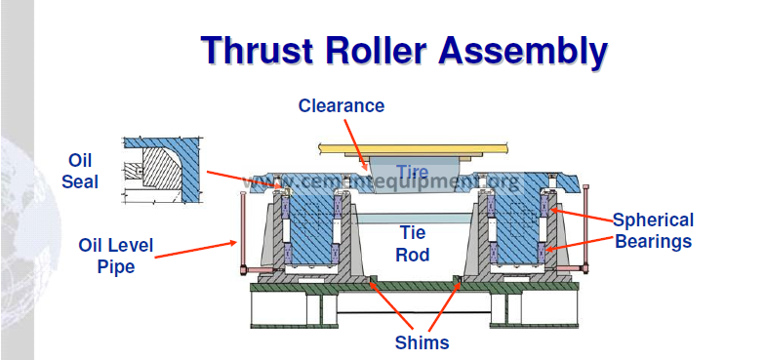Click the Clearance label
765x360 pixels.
click(342, 105)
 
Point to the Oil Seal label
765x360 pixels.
click(80, 171)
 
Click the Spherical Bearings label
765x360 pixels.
click(653, 230)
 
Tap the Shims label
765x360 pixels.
click(422, 342)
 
